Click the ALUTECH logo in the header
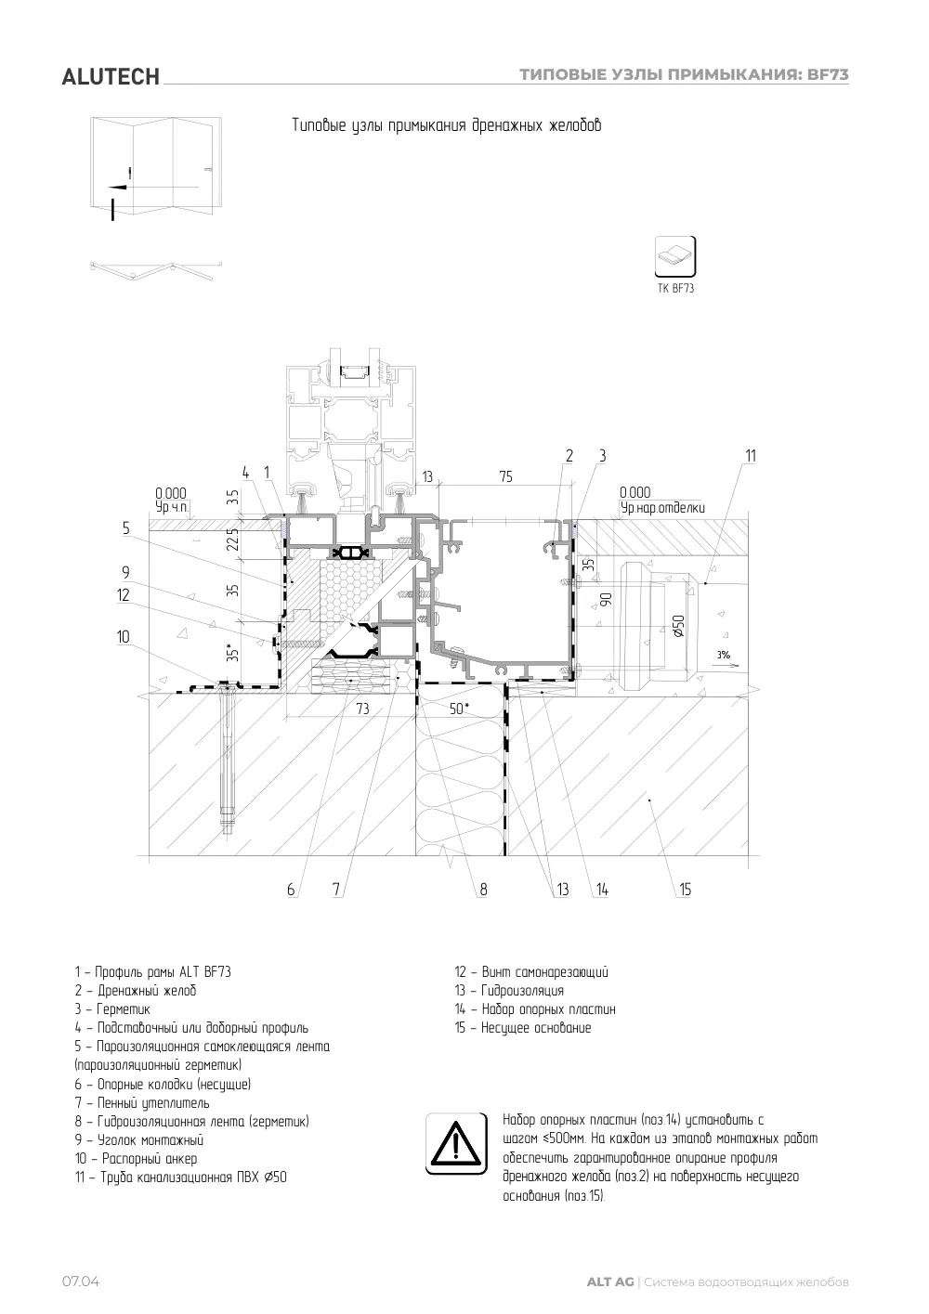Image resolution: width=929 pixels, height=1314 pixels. tap(111, 77)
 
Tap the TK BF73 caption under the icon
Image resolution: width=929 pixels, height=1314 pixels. tap(675, 288)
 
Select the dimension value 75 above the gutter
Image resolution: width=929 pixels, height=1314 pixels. tap(506, 476)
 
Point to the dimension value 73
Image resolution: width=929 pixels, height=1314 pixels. tap(362, 709)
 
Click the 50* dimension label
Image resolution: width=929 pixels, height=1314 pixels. tap(459, 709)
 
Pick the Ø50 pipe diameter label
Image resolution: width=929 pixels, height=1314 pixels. tap(678, 626)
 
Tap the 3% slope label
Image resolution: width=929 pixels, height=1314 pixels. tap(723, 655)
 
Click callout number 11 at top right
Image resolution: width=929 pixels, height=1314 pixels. tap(751, 456)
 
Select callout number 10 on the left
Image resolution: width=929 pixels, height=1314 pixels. tap(124, 636)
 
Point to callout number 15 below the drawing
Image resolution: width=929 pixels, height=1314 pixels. tap(685, 890)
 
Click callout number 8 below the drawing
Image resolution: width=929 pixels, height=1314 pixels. tap(483, 890)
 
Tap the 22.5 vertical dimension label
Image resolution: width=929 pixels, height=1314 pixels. tap(233, 540)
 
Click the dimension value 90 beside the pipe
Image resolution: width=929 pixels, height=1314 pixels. tap(606, 600)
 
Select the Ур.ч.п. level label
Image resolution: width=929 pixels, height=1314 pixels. tap(172, 507)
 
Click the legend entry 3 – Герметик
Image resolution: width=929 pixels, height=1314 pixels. tap(112, 1009)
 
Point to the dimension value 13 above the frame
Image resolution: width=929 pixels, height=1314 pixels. tap(427, 477)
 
